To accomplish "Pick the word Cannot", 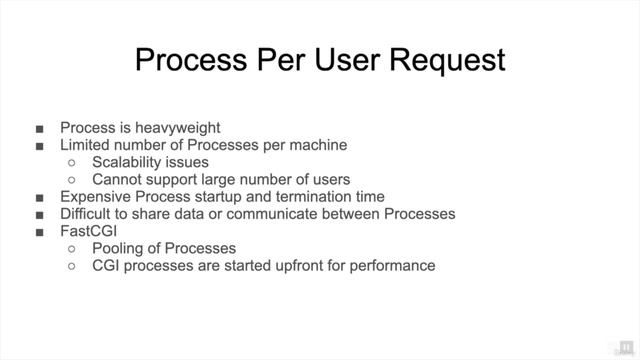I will tap(119, 180).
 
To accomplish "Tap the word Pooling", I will tap(120, 248).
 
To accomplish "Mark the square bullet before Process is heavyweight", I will tap(39, 128).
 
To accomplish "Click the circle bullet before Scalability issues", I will tap(71, 163).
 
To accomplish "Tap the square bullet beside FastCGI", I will tap(39, 232).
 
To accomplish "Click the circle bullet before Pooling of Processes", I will tap(71, 249).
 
